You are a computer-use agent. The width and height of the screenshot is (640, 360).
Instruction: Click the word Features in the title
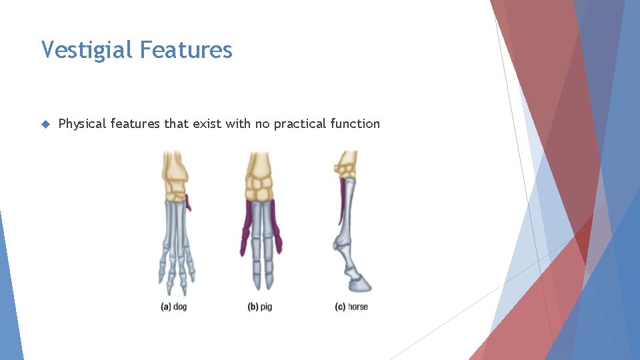click(186, 50)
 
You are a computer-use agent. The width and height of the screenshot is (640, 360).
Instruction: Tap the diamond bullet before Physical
click(45, 124)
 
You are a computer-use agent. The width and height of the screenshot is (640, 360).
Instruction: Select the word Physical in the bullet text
click(83, 124)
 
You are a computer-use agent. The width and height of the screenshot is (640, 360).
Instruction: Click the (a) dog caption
click(174, 307)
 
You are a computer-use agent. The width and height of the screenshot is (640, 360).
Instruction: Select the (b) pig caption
click(260, 307)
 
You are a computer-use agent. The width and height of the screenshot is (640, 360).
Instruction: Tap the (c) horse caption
click(351, 307)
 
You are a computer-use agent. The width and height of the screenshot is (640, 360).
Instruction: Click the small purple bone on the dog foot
click(188, 203)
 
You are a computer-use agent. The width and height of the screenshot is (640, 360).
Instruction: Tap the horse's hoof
click(361, 285)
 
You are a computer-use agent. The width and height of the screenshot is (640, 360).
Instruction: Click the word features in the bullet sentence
click(135, 124)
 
